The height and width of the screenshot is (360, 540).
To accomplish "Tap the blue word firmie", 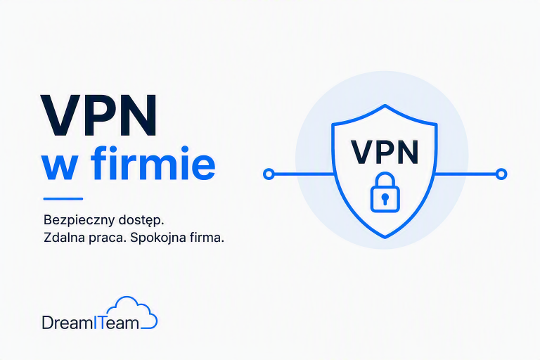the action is (153, 162).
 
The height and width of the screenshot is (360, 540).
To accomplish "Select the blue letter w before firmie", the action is (59, 167).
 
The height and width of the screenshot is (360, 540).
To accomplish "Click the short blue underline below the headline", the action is (63, 199).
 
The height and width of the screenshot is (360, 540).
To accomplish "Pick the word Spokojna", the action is (156, 238).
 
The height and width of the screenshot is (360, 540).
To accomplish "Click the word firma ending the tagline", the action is (205, 238).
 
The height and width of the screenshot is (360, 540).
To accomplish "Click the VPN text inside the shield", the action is (385, 152).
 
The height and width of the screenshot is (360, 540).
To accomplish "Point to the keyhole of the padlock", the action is (385, 198).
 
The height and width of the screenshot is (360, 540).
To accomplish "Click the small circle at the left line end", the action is (269, 174).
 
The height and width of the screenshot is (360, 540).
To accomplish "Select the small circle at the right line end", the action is (501, 174).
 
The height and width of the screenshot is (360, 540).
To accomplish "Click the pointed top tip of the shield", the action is (385, 105).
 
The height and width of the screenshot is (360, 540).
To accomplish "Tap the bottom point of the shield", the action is (385, 237).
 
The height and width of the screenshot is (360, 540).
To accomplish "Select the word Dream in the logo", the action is (67, 323).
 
